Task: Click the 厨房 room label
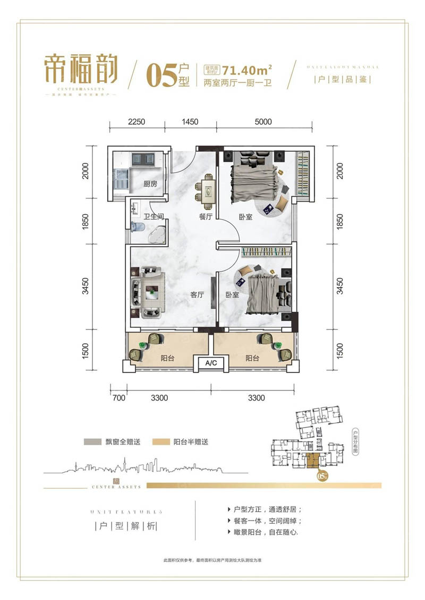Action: point(150,185)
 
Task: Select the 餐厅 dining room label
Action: point(206,216)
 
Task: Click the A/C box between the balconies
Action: point(211,363)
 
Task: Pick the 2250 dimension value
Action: point(137,121)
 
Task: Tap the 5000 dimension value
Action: point(262,121)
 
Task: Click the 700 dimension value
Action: point(118,397)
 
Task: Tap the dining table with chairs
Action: point(206,189)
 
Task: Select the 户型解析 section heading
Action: point(125,527)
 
